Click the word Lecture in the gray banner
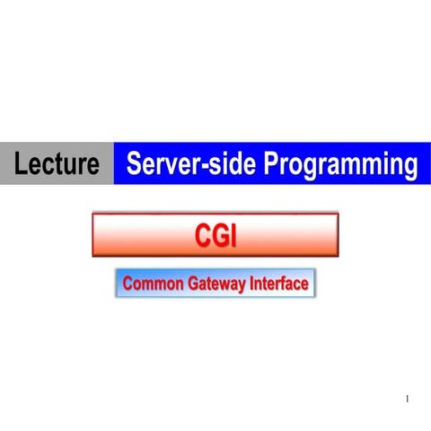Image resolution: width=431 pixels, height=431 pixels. point(56,164)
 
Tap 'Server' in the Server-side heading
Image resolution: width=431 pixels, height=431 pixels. point(163,164)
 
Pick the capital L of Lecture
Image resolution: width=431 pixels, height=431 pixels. point(21,164)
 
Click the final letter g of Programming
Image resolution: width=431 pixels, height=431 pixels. point(409,167)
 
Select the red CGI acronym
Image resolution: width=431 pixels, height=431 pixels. point(215,235)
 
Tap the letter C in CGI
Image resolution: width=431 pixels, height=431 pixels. point(202,235)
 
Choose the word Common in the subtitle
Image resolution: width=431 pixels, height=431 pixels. point(153,285)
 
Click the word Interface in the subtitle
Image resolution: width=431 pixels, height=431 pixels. point(278,285)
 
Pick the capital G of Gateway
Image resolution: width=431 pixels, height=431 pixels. point(193,285)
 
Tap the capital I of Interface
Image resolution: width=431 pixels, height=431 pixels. point(251,285)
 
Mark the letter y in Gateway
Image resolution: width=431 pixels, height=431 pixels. point(242,286)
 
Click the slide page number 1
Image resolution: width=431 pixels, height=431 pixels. point(407,399)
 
